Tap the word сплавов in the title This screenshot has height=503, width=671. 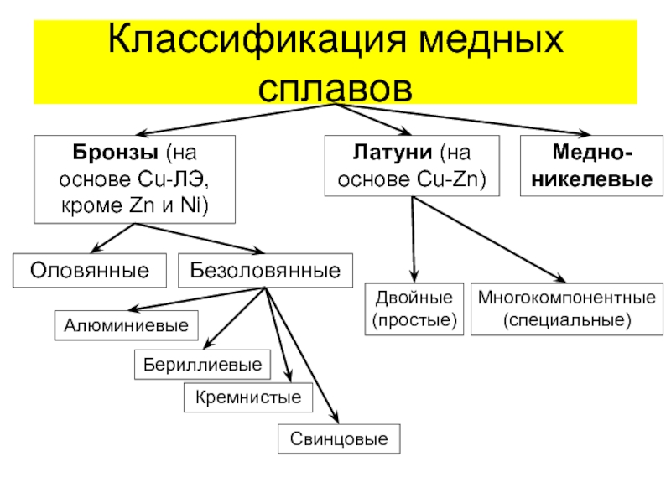pos(336,85)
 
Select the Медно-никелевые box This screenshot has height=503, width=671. pos(590,167)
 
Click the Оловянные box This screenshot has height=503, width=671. pos(90,270)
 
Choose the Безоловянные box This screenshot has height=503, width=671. pos(265,270)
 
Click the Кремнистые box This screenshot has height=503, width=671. pos(248,397)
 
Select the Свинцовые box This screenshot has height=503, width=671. pos(339,438)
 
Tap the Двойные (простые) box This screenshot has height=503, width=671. pos(413,309)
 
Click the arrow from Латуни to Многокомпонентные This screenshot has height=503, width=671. pos(495,243)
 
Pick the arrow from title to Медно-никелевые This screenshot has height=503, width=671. pos(470,118)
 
